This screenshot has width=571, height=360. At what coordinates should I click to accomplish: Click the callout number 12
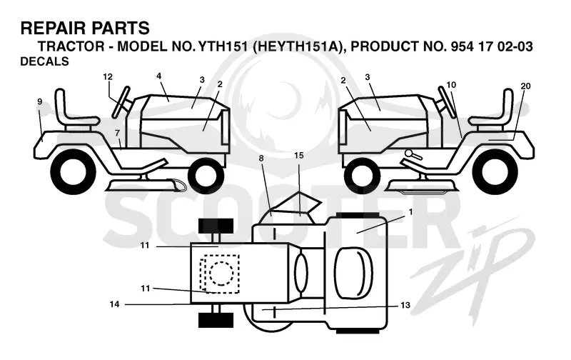[108, 77]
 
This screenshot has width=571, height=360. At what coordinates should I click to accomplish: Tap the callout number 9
[40, 101]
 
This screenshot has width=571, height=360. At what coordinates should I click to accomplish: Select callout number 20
[525, 86]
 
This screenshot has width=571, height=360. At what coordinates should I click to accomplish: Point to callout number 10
[451, 85]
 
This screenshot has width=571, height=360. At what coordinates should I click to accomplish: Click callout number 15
[298, 156]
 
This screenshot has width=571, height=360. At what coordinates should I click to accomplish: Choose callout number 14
[114, 304]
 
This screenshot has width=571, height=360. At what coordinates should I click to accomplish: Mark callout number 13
[405, 305]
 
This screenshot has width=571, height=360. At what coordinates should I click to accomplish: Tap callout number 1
[411, 212]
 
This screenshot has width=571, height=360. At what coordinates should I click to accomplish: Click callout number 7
[117, 134]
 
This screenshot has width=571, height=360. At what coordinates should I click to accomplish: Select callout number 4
[158, 76]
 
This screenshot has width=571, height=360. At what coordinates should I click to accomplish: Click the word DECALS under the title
[44, 61]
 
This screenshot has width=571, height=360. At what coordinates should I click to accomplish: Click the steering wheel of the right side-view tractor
[447, 102]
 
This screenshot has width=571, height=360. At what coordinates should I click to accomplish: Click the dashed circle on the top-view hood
[221, 274]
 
